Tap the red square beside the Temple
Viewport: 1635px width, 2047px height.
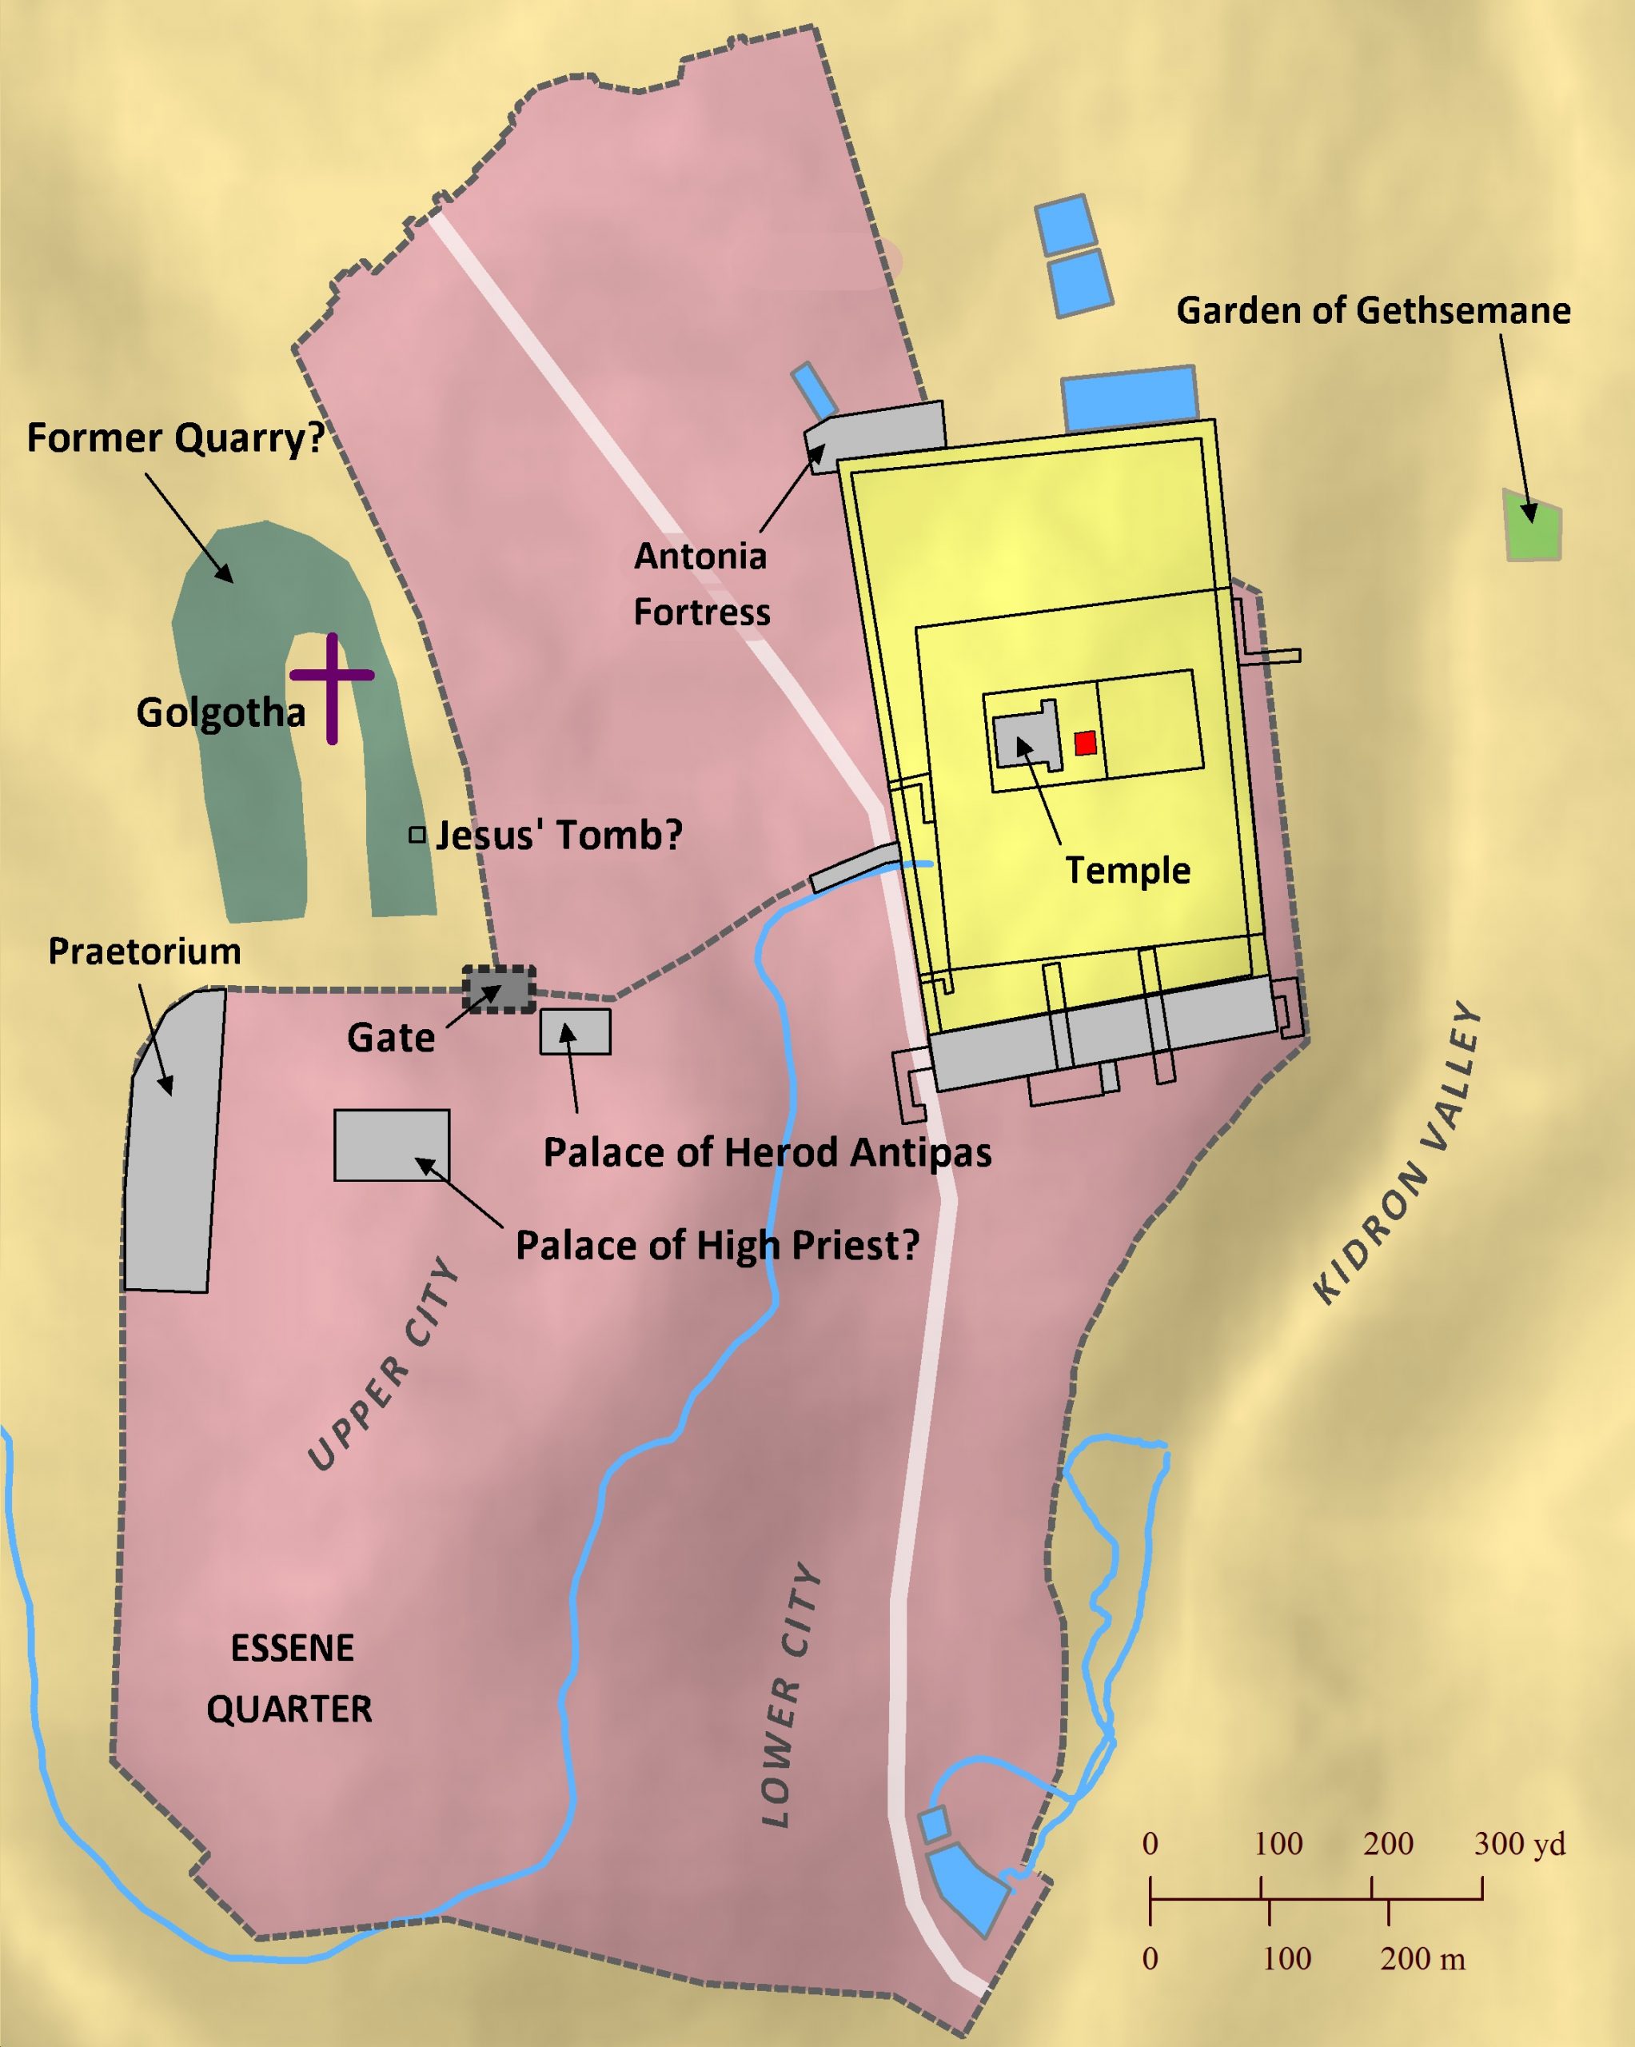[1085, 744]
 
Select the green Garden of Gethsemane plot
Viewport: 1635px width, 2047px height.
[1533, 525]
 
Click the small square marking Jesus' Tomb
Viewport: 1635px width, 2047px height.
[417, 836]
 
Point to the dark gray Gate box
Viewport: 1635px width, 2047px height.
[498, 989]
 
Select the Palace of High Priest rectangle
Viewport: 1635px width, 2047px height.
[391, 1145]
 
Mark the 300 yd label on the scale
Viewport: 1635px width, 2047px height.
[1519, 1844]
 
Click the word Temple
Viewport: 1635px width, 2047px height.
[1127, 871]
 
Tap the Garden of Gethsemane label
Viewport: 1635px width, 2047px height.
[1373, 310]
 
